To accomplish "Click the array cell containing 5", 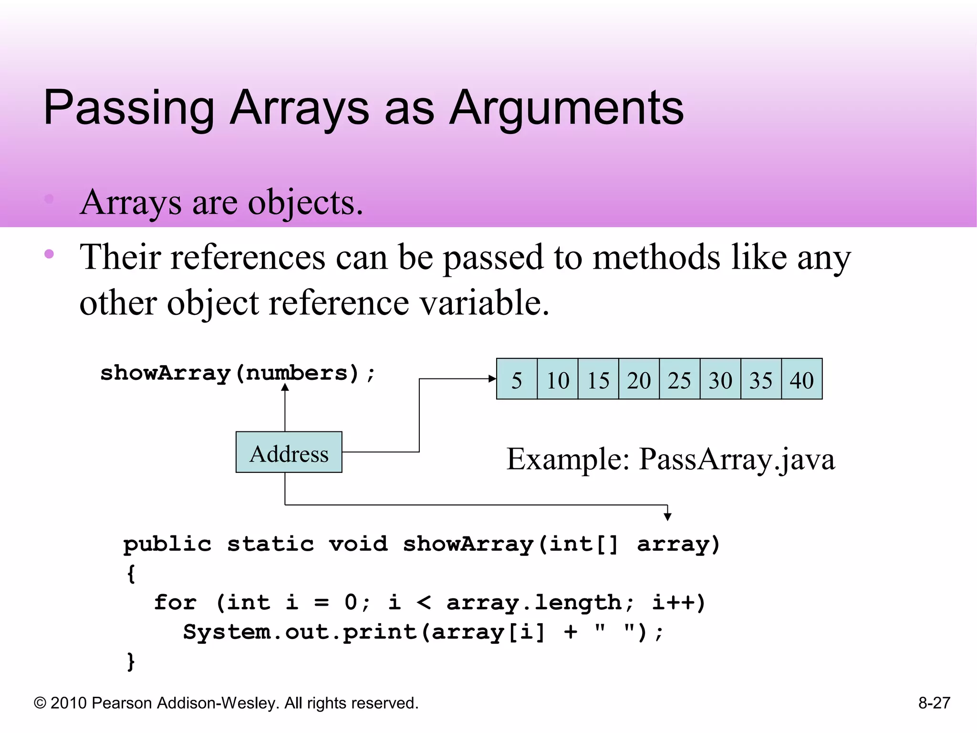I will tap(517, 379).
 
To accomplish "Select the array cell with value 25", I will tap(679, 379).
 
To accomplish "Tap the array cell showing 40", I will tap(801, 379).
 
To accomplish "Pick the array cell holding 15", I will tap(598, 379).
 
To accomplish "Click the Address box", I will tap(289, 452).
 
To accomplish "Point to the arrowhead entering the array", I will tap(492, 379).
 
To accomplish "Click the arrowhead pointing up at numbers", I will tap(285, 387).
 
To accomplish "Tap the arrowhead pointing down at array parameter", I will tap(667, 516).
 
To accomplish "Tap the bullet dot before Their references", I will tap(49, 254).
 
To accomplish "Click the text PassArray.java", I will tap(737, 459).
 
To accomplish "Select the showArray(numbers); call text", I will tap(238, 373).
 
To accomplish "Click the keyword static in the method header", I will tap(270, 544).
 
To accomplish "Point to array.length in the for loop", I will tap(534, 603).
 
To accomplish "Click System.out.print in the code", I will tap(300, 632).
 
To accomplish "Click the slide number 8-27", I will tap(934, 703).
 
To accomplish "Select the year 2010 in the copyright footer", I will tap(68, 703).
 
